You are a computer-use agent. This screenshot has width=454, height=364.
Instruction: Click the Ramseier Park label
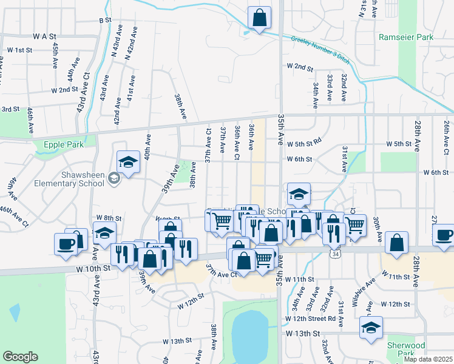(x=406, y=37)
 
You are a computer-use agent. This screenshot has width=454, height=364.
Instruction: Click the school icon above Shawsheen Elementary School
(x=128, y=162)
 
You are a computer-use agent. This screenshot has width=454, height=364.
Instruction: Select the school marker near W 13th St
(x=370, y=328)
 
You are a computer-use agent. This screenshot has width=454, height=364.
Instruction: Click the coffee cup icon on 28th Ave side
(x=443, y=235)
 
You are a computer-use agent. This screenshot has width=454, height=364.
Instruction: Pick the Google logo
(x=21, y=357)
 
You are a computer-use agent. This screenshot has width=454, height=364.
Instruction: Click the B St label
(x=105, y=20)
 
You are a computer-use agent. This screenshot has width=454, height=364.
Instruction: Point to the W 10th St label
(x=93, y=268)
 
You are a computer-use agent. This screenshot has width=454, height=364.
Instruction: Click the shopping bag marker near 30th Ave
(x=396, y=243)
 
